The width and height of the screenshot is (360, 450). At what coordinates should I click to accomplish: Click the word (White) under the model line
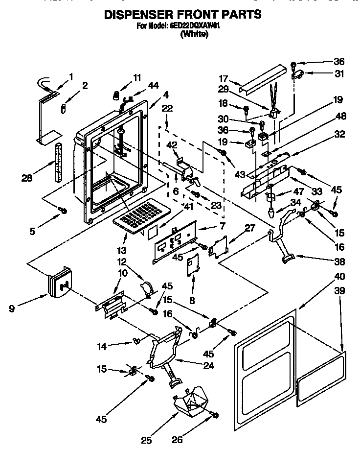[194, 34]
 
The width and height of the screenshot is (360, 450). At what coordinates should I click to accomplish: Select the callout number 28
[27, 178]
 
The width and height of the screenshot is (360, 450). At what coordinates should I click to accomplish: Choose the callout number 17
[224, 78]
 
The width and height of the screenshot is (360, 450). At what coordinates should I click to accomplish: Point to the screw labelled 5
[63, 211]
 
